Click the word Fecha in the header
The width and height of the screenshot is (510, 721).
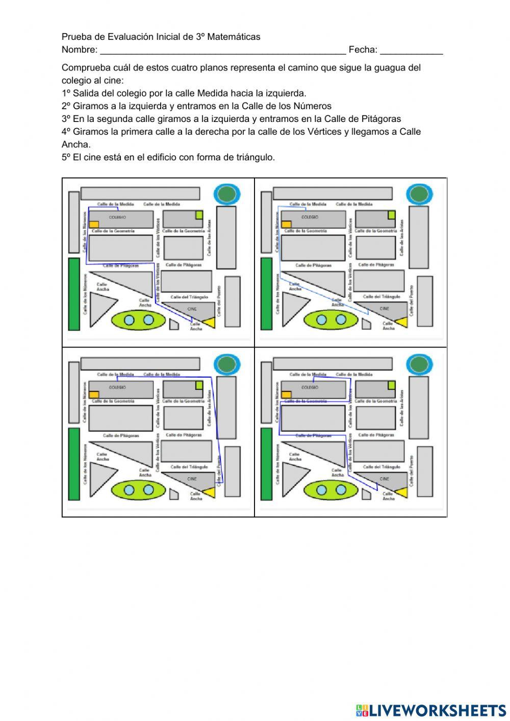tap(363, 49)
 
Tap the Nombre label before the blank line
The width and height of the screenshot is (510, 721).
tap(79, 49)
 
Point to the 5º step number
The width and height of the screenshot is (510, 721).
tap(66, 157)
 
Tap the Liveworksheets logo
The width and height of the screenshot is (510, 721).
tap(430, 710)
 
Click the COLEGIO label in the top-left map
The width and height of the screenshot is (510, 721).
tap(117, 217)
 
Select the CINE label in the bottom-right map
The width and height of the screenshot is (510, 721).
tap(385, 479)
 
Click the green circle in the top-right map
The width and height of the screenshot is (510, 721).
tap(419, 194)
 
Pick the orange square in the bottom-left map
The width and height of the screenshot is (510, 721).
tap(94, 394)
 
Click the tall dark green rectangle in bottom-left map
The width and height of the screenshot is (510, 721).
tap(74, 464)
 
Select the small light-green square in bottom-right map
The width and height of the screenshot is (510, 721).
tap(391, 385)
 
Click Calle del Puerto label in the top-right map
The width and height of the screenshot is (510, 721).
tap(412, 301)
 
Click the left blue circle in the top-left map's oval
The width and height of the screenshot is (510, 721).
tap(129, 320)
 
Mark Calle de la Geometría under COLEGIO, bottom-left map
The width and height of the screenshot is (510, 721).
tap(113, 402)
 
